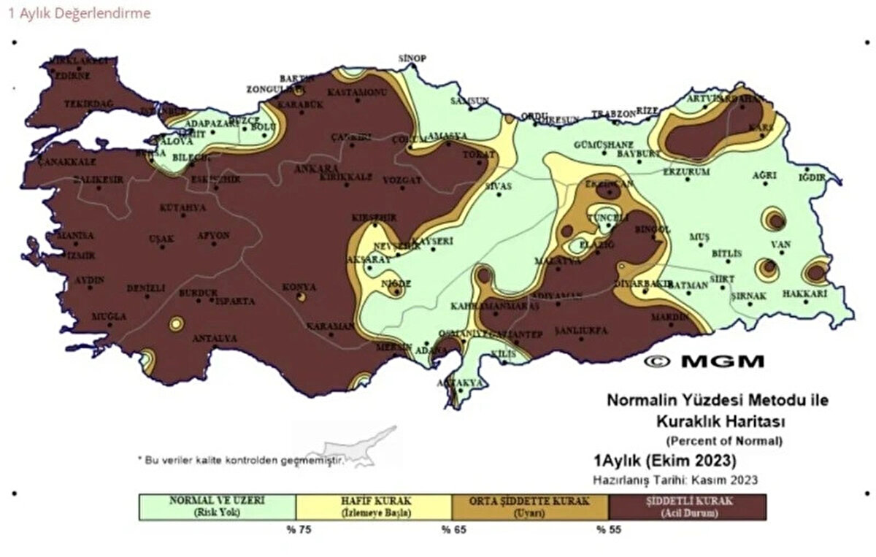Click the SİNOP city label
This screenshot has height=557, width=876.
point(412,58)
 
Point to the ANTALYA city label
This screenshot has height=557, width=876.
point(214,339)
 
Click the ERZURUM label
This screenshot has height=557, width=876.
point(685,172)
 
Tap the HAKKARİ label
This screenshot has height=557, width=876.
point(804,293)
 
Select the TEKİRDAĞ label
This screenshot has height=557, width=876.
point(88,104)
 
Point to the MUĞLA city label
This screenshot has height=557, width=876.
point(109,317)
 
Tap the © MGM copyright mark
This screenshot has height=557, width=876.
point(704,361)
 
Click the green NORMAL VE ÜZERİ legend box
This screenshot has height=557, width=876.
point(218,507)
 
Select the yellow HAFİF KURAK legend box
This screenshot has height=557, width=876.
point(374,507)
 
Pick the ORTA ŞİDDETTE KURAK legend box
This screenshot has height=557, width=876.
point(530,507)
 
